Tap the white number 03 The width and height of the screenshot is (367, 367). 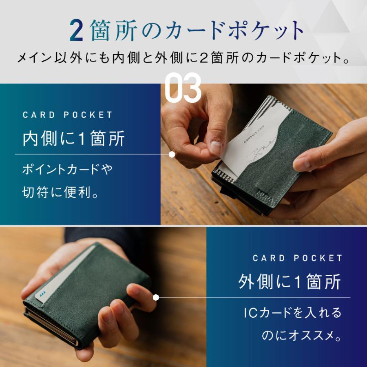pyautogui.click(x=183, y=87)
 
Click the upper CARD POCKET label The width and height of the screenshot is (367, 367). pyautogui.click(x=67, y=115)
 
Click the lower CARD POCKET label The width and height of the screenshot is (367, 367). pyautogui.click(x=298, y=258)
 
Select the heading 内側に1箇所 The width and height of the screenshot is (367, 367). pyautogui.click(x=73, y=139)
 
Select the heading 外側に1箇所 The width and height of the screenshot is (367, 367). pyautogui.click(x=290, y=283)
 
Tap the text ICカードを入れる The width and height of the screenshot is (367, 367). pyautogui.click(x=292, y=313)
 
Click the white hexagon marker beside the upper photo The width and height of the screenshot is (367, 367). pyautogui.click(x=172, y=154)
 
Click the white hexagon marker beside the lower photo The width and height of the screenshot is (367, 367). pyautogui.click(x=155, y=297)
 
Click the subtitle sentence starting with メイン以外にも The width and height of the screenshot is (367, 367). pyautogui.click(x=183, y=58)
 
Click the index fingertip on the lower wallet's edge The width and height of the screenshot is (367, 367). pyautogui.click(x=139, y=291)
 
